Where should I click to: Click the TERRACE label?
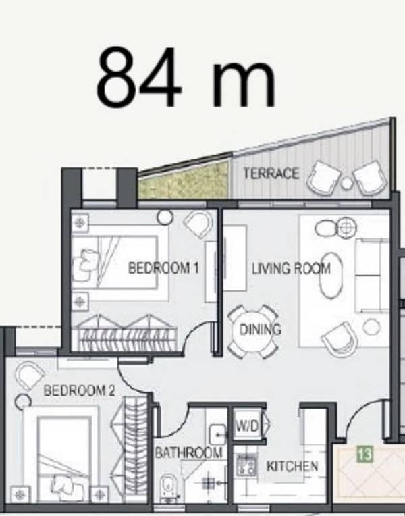click(271, 173)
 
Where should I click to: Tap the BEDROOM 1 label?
click(163, 268)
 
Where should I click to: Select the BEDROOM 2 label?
click(79, 390)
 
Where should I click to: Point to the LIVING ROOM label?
click(291, 269)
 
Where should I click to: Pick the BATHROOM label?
click(188, 453)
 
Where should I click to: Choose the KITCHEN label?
click(292, 466)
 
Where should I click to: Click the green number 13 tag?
click(365, 454)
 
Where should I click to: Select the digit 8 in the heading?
click(116, 78)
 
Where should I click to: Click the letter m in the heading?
click(244, 84)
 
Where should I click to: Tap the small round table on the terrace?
click(347, 184)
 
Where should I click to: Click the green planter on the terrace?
click(183, 180)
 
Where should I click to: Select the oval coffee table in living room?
click(331, 275)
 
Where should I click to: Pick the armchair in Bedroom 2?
click(29, 376)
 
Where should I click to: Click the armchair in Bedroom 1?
click(198, 224)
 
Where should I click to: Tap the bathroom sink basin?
click(217, 434)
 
